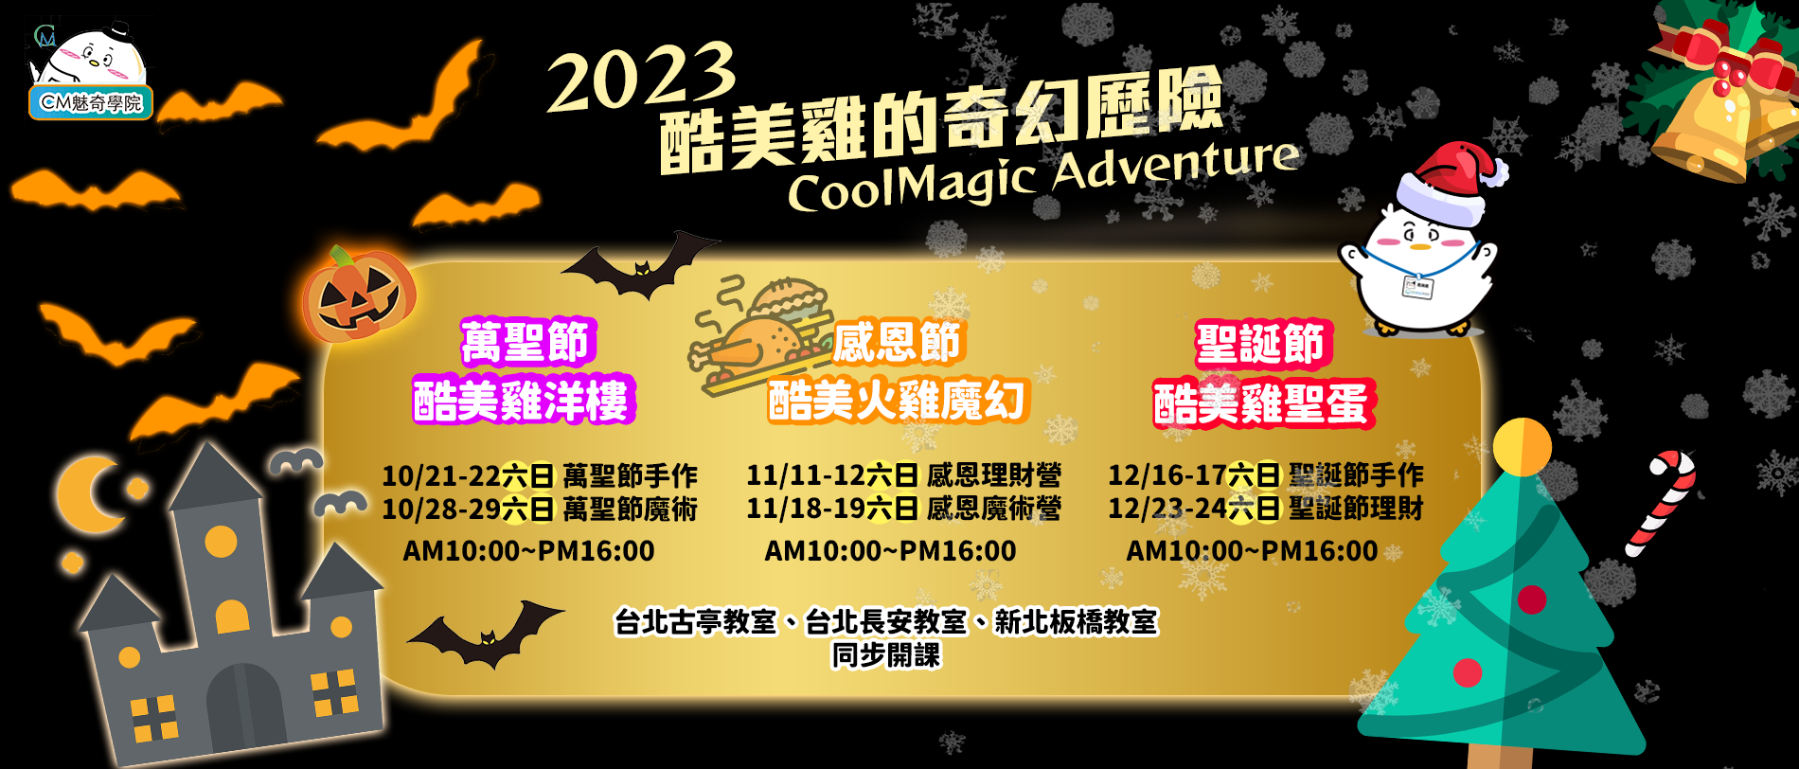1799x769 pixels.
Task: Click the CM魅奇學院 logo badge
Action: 91,102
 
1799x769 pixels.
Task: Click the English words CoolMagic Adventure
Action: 1042,175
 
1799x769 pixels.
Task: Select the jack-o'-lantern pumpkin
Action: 358,295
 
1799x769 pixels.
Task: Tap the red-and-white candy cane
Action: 1661,502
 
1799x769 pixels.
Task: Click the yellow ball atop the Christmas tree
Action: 1522,446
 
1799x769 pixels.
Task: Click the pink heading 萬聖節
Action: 526,342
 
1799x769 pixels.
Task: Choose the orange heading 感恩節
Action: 897,342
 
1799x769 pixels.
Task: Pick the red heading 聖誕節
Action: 1260,343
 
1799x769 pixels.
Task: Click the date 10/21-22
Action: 441,475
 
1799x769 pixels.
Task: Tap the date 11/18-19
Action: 806,509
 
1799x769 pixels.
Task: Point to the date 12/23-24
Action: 1167,509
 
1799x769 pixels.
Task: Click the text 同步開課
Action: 886,654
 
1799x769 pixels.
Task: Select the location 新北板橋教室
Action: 1076,621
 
